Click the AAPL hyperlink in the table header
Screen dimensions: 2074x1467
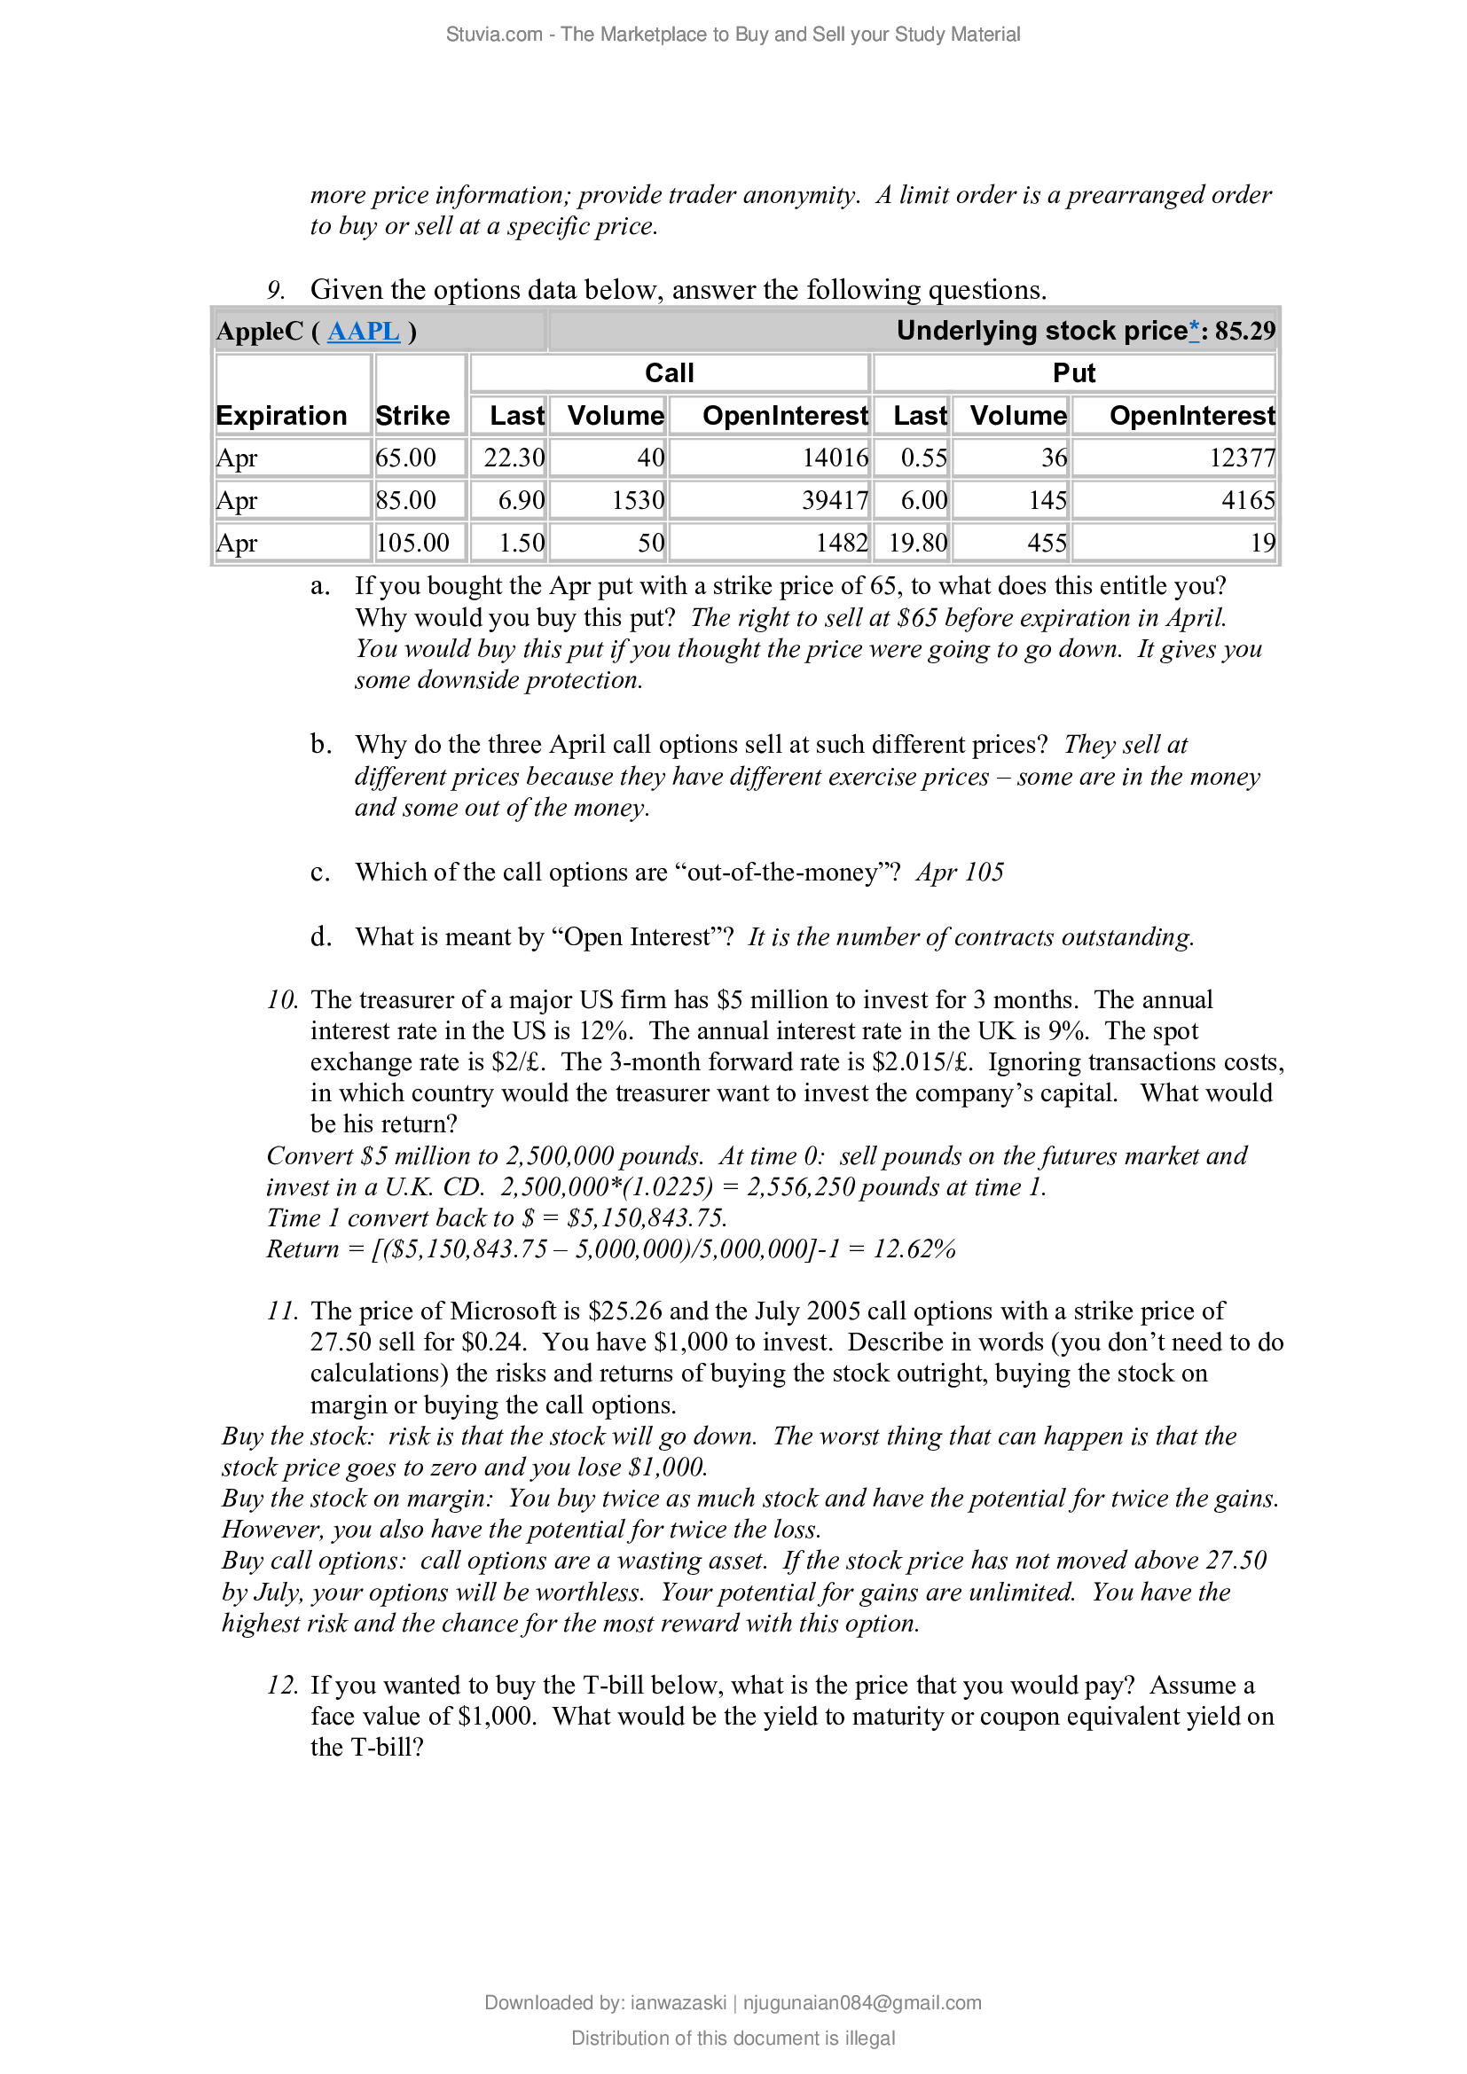363,332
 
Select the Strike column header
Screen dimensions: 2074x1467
412,416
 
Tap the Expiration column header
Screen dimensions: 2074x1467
281,416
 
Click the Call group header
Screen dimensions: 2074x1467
669,373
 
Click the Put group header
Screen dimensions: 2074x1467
1073,373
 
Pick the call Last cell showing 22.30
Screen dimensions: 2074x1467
513,458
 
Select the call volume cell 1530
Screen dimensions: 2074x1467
637,500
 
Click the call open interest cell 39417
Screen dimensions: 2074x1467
834,500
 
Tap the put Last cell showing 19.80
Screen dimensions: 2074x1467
918,543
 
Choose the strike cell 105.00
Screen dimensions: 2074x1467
412,543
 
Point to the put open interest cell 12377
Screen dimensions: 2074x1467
1241,458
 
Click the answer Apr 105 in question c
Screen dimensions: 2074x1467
960,873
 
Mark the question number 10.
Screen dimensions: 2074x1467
281,1000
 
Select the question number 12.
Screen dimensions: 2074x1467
281,1686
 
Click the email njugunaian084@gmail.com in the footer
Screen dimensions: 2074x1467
862,2003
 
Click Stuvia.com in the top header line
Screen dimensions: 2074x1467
493,35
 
